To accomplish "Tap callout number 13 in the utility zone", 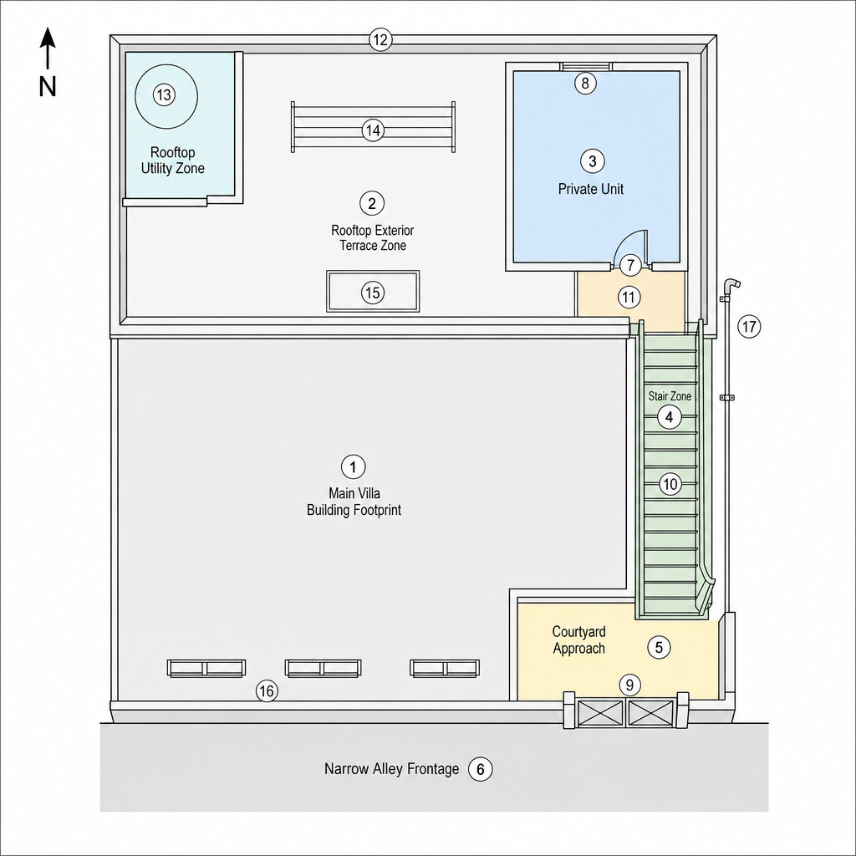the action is (x=164, y=95).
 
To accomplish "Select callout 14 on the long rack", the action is (x=373, y=130).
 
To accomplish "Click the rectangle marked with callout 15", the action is (x=373, y=292).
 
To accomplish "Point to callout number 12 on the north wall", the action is (x=380, y=40).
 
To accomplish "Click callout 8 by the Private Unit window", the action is (x=585, y=83).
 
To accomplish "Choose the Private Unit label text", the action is (x=591, y=189).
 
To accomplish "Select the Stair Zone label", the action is (x=670, y=396).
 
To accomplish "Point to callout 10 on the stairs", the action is (x=670, y=484).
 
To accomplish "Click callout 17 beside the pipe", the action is (x=749, y=327).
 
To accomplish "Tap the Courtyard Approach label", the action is (x=578, y=639).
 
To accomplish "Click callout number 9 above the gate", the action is (x=629, y=685).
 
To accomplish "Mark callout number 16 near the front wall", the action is (x=267, y=691).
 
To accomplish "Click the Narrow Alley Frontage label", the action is (x=391, y=769).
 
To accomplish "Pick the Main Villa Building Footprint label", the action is (x=354, y=502).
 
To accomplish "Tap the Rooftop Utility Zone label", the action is (x=172, y=160).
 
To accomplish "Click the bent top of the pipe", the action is (x=731, y=284).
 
